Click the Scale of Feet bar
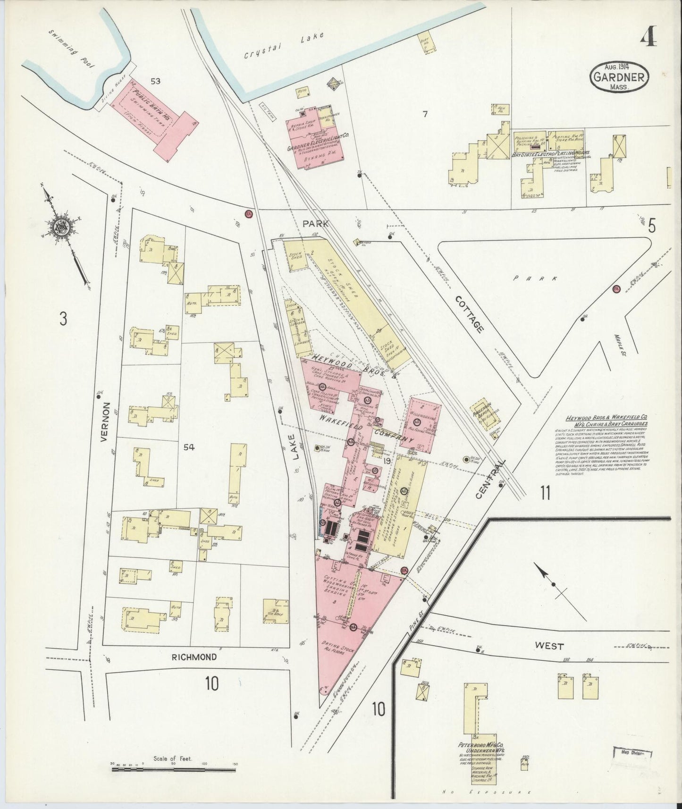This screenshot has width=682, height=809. (x=174, y=769)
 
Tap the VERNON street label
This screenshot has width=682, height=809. (x=106, y=422)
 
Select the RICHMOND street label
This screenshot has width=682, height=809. (x=194, y=657)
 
